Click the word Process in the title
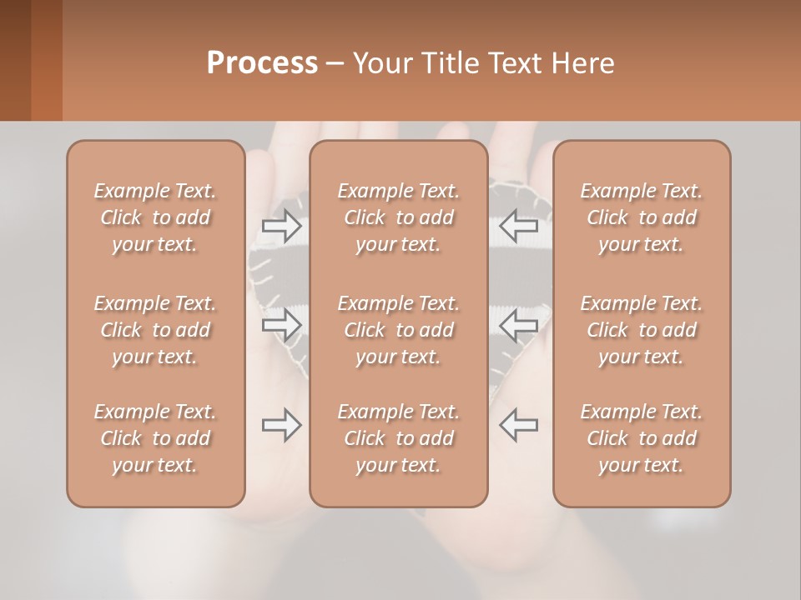pyautogui.click(x=262, y=63)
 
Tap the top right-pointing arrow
pyautogui.click(x=282, y=225)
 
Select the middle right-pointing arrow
pyautogui.click(x=282, y=325)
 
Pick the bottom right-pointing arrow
pyautogui.click(x=282, y=425)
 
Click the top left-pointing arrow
pyautogui.click(x=518, y=225)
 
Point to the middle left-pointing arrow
pyautogui.click(x=518, y=325)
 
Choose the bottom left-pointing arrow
pyautogui.click(x=518, y=425)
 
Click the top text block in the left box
pyautogui.click(x=155, y=217)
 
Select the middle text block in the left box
pyautogui.click(x=155, y=330)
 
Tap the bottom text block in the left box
pyautogui.click(x=155, y=438)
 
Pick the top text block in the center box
pyautogui.click(x=399, y=217)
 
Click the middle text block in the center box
pyautogui.click(x=399, y=330)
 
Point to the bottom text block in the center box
pyautogui.click(x=399, y=438)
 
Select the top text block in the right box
pyautogui.click(x=642, y=217)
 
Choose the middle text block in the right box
pyautogui.click(x=642, y=330)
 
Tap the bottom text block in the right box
pyautogui.click(x=642, y=438)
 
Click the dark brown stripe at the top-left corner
pyautogui.click(x=15, y=60)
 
